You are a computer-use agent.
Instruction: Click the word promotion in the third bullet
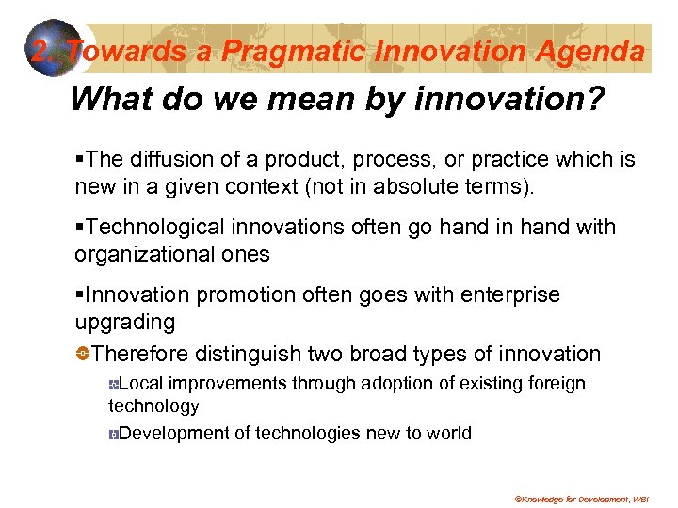241,295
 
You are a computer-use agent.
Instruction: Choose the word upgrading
125,323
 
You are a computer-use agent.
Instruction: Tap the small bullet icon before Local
113,385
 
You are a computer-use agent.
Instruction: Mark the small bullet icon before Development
113,435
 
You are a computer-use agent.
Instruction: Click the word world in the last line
449,434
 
